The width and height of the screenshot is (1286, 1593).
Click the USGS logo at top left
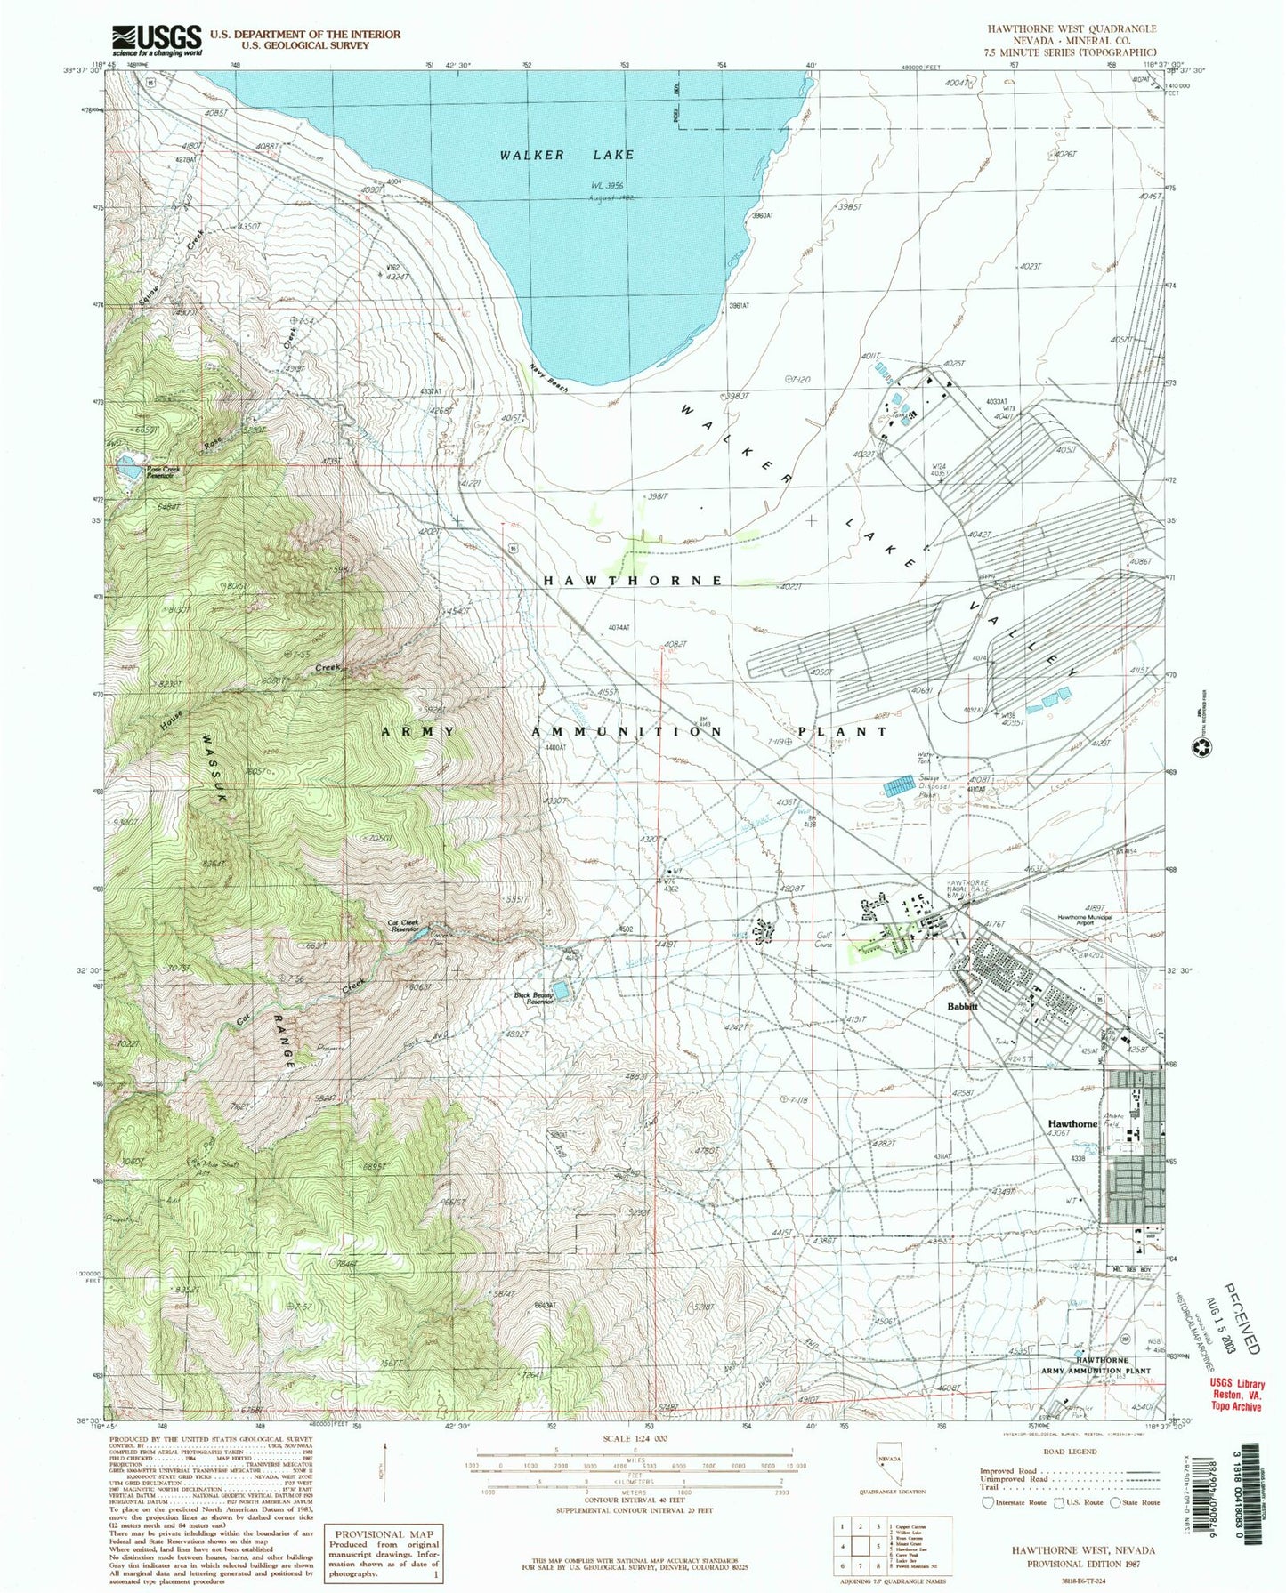pyautogui.click(x=156, y=40)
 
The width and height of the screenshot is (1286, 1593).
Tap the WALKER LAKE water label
pyautogui.click(x=567, y=155)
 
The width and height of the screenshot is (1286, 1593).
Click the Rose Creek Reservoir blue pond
pyautogui.click(x=129, y=465)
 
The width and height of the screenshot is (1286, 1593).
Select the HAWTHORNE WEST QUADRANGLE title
pyautogui.click(x=1072, y=30)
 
